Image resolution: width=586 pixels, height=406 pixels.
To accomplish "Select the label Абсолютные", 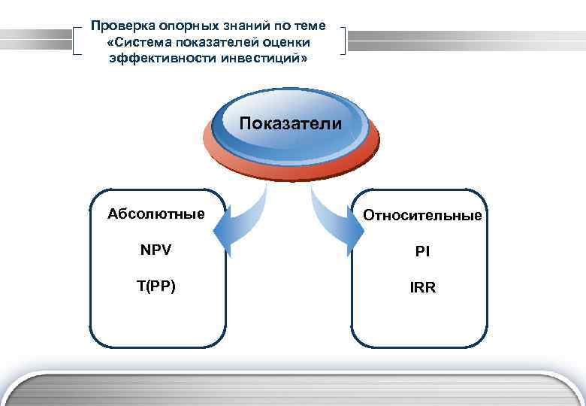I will (x=156, y=214).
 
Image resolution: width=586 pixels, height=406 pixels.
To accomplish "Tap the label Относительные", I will (x=422, y=216).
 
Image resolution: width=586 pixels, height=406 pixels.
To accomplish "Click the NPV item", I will (x=156, y=250).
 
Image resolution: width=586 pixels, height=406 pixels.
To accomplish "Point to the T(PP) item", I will (x=156, y=285).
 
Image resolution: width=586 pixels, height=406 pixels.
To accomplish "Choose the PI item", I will (x=422, y=252).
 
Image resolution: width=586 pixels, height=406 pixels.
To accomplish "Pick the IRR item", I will (x=422, y=287).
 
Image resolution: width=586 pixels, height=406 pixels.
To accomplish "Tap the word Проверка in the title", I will (x=120, y=26).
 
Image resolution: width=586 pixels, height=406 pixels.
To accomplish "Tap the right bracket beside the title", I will (x=343, y=41).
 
